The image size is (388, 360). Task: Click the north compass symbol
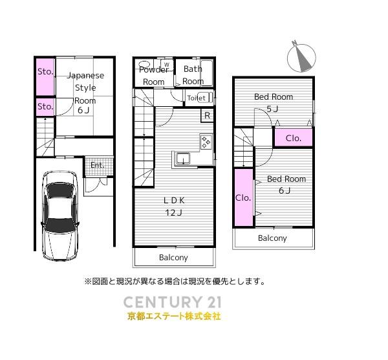(301, 57)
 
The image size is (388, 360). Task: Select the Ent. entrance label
(97, 165)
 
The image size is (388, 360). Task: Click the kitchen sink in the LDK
(183, 159)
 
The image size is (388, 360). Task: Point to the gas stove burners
(206, 142)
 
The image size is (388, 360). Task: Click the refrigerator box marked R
(208, 115)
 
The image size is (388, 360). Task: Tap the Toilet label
(196, 98)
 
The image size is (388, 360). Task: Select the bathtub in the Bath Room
(207, 73)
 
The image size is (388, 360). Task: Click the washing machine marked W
(167, 65)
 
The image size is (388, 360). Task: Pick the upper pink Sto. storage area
(45, 76)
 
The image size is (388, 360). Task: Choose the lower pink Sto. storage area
(45, 107)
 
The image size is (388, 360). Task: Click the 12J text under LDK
(174, 212)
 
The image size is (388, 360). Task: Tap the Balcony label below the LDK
(173, 258)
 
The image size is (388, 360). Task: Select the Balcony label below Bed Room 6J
(272, 238)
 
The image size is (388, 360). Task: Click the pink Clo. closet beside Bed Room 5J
(293, 138)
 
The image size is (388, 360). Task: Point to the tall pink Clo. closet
(244, 197)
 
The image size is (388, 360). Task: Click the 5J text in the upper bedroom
(272, 109)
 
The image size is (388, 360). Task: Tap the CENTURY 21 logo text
(172, 302)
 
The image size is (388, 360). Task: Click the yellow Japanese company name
(174, 317)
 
